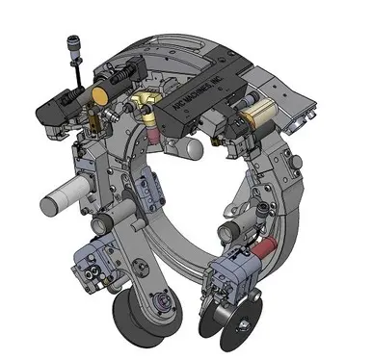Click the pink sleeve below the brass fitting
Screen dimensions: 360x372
(x=151, y=120)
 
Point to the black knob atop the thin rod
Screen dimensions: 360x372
(x=73, y=45)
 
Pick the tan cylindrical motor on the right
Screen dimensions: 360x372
(x=257, y=120)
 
